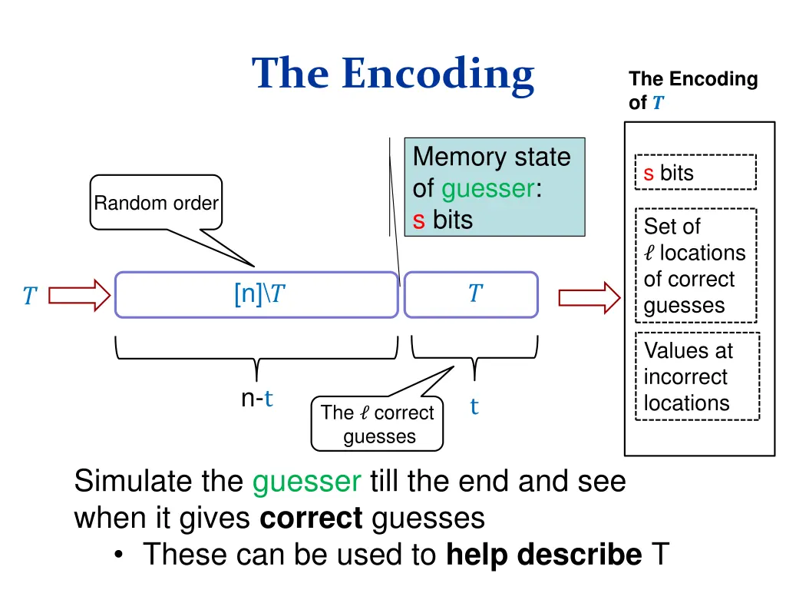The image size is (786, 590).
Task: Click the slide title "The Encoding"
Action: click(x=393, y=75)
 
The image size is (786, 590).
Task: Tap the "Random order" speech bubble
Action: click(x=156, y=202)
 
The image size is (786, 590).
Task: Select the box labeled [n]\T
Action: click(x=256, y=294)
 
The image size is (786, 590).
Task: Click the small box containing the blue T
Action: click(x=471, y=294)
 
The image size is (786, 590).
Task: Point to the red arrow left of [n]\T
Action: click(x=79, y=295)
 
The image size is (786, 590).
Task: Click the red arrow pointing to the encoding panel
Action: click(x=589, y=297)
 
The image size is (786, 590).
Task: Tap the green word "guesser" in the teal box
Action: click(x=488, y=189)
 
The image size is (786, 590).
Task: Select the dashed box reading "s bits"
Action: click(x=695, y=172)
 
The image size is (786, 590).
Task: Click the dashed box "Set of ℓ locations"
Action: click(x=695, y=265)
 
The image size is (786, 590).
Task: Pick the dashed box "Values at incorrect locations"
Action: click(x=697, y=376)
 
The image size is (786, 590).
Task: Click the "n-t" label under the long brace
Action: click(x=256, y=399)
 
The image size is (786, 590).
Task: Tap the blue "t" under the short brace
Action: click(x=474, y=406)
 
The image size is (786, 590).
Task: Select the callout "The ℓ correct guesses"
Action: click(x=377, y=424)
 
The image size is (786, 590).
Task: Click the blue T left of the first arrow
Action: click(x=30, y=296)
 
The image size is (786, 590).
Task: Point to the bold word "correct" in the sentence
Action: click(x=311, y=518)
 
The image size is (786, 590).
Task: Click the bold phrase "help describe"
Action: click(x=544, y=555)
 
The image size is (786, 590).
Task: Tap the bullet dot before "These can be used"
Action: click(x=118, y=555)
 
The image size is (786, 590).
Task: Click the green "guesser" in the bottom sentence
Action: click(x=306, y=482)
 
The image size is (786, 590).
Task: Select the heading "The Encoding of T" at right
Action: click(x=693, y=91)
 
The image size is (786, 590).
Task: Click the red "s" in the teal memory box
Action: click(x=418, y=220)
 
